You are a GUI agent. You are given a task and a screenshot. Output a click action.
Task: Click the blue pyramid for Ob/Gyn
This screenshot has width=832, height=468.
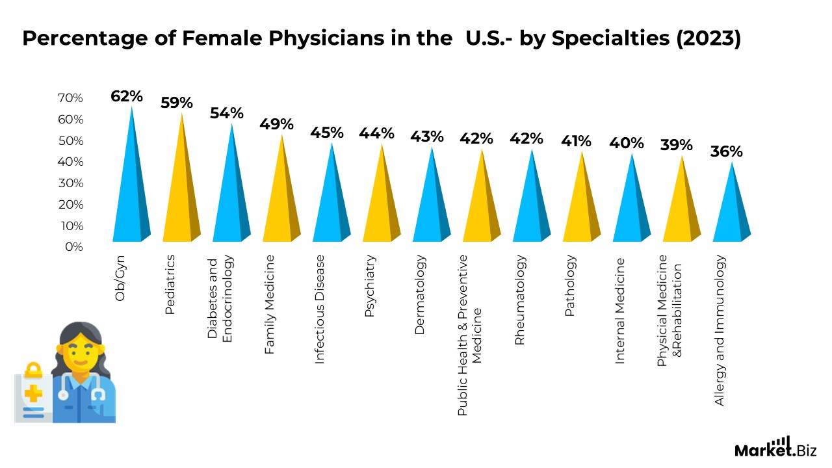(x=131, y=188)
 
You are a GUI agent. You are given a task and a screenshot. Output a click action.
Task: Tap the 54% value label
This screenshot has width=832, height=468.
(x=227, y=113)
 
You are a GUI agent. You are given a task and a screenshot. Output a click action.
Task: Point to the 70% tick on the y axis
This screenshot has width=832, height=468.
(x=70, y=98)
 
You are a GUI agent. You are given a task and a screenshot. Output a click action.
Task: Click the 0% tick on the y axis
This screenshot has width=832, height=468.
(x=74, y=247)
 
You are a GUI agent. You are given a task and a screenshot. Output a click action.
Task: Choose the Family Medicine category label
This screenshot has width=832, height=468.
(x=270, y=304)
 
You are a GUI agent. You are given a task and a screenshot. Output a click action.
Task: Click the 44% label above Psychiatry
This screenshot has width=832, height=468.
(x=377, y=133)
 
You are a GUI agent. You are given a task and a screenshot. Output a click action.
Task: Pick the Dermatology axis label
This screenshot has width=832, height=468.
(x=420, y=294)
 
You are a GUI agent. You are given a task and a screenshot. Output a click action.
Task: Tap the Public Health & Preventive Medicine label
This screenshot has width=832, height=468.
(x=470, y=335)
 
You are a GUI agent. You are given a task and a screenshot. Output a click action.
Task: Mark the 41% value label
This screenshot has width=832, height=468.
(x=577, y=141)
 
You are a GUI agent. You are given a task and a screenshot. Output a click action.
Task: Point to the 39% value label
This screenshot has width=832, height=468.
(x=677, y=145)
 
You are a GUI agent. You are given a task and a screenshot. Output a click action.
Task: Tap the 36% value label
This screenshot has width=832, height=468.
(x=726, y=151)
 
